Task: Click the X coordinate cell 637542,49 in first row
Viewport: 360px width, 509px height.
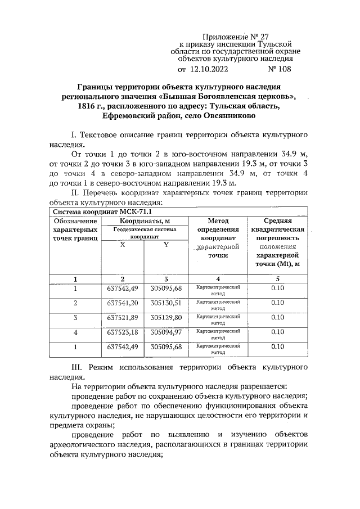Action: (122, 289)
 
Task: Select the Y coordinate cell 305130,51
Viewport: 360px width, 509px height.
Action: (166, 303)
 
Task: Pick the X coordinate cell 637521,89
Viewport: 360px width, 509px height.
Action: (122, 318)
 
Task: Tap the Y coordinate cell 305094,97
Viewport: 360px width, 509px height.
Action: (166, 332)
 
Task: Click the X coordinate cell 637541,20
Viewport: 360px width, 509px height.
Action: (122, 303)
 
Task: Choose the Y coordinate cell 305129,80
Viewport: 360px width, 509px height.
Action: (166, 318)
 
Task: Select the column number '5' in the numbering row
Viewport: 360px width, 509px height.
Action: (277, 279)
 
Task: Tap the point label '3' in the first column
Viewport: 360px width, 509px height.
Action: (75, 318)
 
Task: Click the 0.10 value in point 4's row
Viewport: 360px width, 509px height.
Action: (277, 332)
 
